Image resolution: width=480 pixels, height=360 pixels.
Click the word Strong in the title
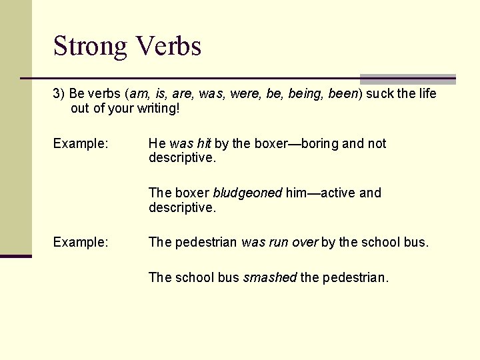90,47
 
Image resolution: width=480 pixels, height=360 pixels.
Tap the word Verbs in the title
168,47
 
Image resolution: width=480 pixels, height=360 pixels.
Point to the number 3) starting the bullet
59,93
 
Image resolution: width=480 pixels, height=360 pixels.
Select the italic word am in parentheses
139,93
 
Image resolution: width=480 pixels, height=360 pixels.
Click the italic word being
307,94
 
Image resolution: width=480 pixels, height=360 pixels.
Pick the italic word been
343,93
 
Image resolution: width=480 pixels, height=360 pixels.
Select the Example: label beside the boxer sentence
81,143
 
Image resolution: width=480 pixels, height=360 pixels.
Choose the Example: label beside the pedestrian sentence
81,242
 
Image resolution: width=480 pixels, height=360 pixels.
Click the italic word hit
203,143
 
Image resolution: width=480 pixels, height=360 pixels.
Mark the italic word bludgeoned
247,193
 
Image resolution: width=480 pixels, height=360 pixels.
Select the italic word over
305,242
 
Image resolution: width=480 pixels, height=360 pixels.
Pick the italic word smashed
270,277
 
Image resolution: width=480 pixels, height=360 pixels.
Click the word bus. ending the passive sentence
416,242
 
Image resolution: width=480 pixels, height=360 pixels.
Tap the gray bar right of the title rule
408,79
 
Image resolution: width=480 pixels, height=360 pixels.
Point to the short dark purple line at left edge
15,256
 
